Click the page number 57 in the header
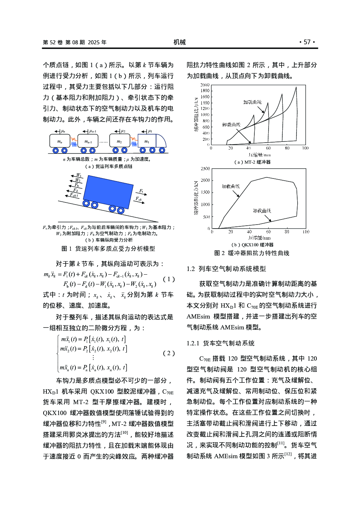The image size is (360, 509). pyautogui.click(x=307, y=42)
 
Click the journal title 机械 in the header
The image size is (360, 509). pyautogui.click(x=179, y=42)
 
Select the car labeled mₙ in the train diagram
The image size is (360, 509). pyautogui.click(x=60, y=141)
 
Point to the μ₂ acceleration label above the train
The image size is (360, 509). pyautogui.click(x=123, y=131)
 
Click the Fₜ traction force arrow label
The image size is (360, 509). pyautogui.click(x=141, y=191)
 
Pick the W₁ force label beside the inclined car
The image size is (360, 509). pyautogui.click(x=79, y=175)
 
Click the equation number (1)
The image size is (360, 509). pyautogui.click(x=169, y=279)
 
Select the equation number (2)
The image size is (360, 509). pyautogui.click(x=169, y=353)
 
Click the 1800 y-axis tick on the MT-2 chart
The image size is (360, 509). pyautogui.click(x=205, y=91)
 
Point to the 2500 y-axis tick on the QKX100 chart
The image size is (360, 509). pyautogui.click(x=205, y=169)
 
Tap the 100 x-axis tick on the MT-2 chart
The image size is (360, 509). pyautogui.click(x=306, y=148)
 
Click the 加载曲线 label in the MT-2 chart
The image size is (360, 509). pyautogui.click(x=252, y=102)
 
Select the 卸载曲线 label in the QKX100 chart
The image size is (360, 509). pyautogui.click(x=262, y=211)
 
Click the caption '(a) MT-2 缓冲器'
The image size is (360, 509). pyautogui.click(x=253, y=162)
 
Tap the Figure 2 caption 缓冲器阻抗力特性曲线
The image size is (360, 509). pyautogui.click(x=252, y=253)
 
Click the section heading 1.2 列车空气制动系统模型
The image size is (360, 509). pyautogui.click(x=226, y=269)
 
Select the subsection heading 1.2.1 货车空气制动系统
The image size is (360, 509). pyautogui.click(x=221, y=343)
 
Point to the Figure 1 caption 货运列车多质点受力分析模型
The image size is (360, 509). pyautogui.click(x=108, y=249)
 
